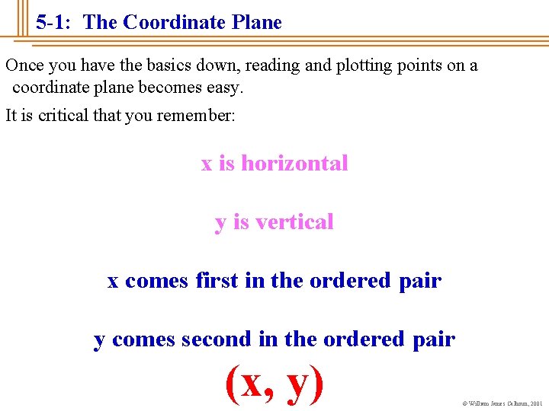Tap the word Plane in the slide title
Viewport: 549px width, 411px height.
coord(255,23)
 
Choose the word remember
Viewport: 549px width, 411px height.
coord(199,116)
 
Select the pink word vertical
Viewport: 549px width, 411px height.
coord(294,222)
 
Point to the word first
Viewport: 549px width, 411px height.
coord(217,281)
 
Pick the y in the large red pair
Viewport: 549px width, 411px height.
coord(300,385)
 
